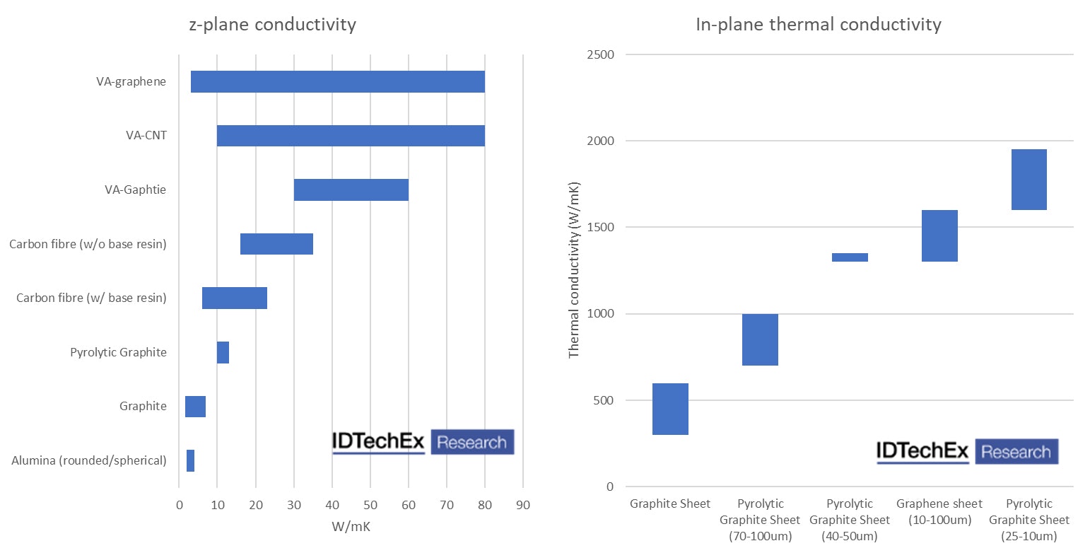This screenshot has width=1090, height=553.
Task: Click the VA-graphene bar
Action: pyautogui.click(x=337, y=82)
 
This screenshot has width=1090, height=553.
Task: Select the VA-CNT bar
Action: pyautogui.click(x=351, y=136)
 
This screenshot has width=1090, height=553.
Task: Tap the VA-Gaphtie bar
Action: pyautogui.click(x=351, y=190)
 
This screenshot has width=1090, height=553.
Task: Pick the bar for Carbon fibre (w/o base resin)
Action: pyautogui.click(x=276, y=244)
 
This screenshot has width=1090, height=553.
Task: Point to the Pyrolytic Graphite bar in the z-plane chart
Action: pyautogui.click(x=223, y=352)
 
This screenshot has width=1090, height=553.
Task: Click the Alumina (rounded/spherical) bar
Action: pyautogui.click(x=190, y=460)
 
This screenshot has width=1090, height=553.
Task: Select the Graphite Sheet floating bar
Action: pyautogui.click(x=670, y=409)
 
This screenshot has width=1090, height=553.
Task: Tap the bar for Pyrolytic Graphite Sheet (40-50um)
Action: pyautogui.click(x=850, y=257)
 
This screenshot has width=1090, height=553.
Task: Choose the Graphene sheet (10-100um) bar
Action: pyautogui.click(x=939, y=235)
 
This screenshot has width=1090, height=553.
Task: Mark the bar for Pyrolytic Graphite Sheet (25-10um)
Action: pyautogui.click(x=1029, y=180)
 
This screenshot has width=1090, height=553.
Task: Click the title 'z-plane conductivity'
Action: pyautogui.click(x=272, y=25)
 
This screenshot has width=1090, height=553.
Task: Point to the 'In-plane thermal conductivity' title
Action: pyautogui.click(x=819, y=25)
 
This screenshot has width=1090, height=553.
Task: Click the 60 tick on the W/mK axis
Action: pyautogui.click(x=408, y=506)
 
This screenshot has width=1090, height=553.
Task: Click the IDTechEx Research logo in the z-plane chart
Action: pyautogui.click(x=423, y=442)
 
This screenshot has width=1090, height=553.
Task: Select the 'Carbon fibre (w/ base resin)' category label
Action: pyautogui.click(x=91, y=298)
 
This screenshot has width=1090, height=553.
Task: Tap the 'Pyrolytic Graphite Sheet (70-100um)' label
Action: pyautogui.click(x=760, y=520)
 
